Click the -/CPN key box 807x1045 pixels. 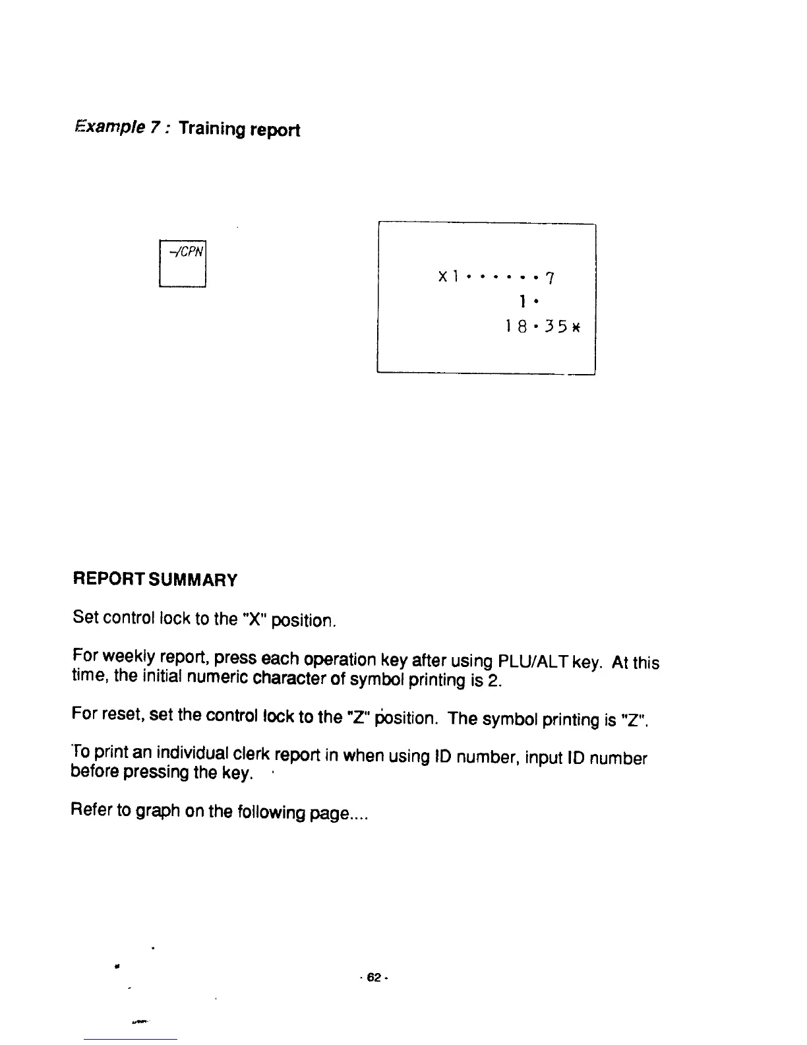click(x=183, y=264)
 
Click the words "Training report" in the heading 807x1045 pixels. click(x=239, y=129)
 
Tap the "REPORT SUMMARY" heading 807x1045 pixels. click(x=155, y=580)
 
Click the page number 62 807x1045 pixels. click(x=374, y=977)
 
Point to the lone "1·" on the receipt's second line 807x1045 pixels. click(x=525, y=302)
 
